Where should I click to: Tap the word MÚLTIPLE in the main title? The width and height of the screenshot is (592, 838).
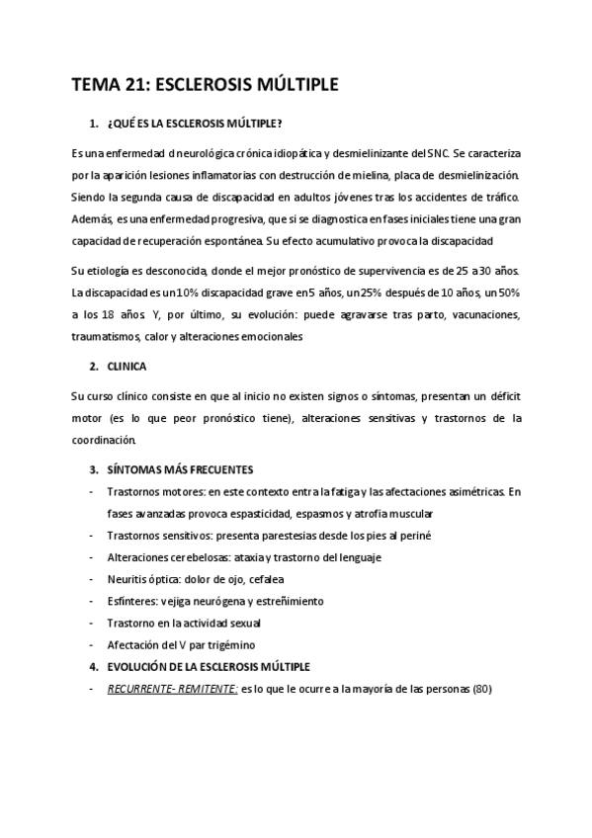(x=295, y=86)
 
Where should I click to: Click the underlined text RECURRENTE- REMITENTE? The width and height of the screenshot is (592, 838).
(x=171, y=689)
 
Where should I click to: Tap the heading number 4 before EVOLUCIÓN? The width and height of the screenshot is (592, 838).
(x=92, y=666)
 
